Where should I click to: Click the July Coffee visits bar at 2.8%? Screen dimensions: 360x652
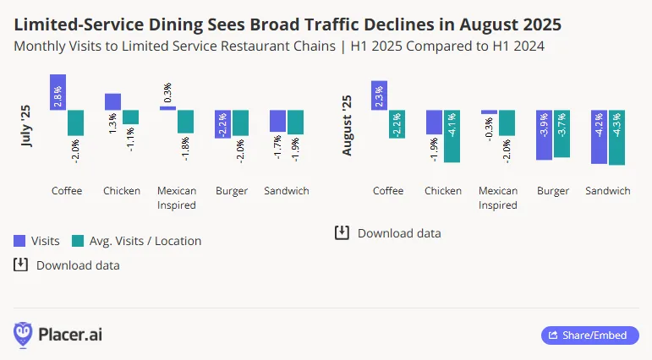click(58, 92)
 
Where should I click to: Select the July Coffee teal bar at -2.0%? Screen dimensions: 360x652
click(75, 123)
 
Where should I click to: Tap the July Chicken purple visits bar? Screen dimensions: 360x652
click(112, 101)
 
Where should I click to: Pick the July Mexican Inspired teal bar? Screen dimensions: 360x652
click(185, 121)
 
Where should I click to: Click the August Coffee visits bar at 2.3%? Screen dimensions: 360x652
click(380, 95)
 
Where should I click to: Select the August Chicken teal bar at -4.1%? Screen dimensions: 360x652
click(452, 136)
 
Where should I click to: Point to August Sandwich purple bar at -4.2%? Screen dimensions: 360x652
click(599, 137)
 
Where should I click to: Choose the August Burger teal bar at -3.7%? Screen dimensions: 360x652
click(562, 134)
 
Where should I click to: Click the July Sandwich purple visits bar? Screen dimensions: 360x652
click(277, 121)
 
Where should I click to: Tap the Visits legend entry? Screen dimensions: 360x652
click(36, 241)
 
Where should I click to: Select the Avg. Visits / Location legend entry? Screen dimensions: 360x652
click(137, 241)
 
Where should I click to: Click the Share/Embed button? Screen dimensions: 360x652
click(589, 335)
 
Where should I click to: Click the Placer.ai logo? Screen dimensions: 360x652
click(58, 335)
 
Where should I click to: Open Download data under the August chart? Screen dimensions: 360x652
click(388, 233)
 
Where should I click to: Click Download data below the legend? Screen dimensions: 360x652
click(67, 265)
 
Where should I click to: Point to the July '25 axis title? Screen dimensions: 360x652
click(25, 125)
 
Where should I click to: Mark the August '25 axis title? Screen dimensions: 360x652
click(347, 125)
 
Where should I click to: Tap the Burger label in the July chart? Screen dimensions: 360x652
click(232, 191)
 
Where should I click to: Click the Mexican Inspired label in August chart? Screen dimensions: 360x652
click(498, 198)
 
